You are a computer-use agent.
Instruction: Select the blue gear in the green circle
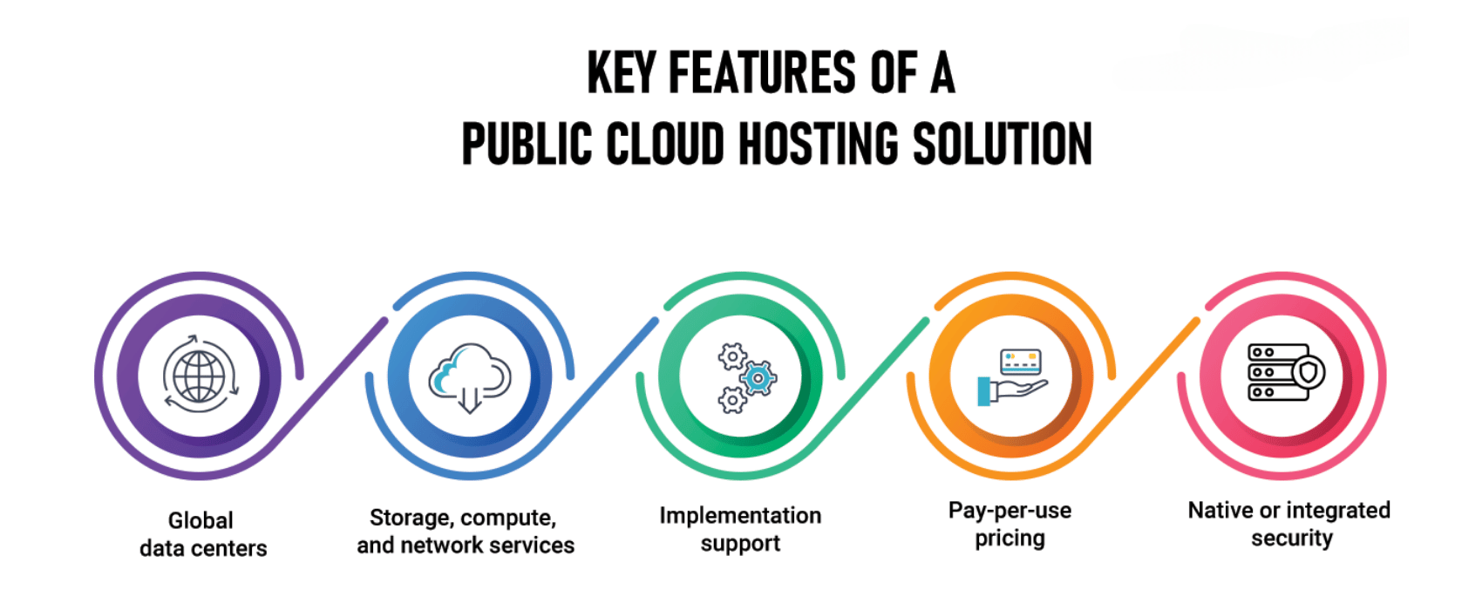click(758, 378)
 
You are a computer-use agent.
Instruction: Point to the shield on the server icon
click(1308, 373)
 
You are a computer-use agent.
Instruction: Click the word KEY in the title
click(620, 73)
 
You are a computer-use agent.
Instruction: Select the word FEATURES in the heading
click(763, 73)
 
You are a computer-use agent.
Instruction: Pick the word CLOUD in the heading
click(665, 145)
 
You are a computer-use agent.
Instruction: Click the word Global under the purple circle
click(201, 520)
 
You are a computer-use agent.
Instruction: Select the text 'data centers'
click(203, 548)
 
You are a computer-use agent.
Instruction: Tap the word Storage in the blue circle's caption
click(409, 518)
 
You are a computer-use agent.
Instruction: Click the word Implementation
click(740, 516)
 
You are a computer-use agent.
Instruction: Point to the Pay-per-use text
click(1010, 511)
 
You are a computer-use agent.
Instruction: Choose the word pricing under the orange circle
click(1010, 539)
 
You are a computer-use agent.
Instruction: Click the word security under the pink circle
click(1292, 539)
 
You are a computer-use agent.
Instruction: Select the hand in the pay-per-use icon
click(1011, 390)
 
